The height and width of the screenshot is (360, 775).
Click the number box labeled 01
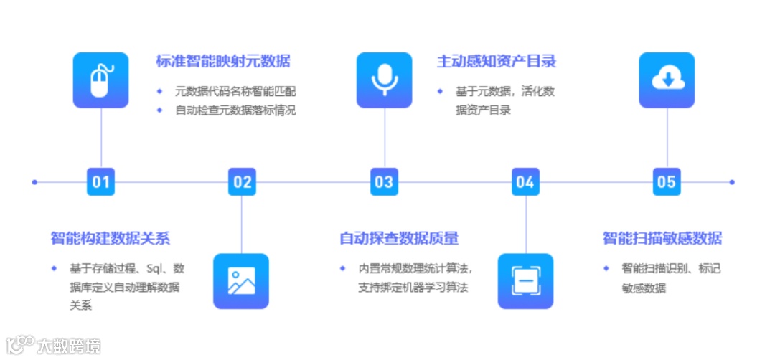click(100, 181)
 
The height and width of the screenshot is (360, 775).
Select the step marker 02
click(242, 181)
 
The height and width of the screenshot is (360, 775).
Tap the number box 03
click(384, 181)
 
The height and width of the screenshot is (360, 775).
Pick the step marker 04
click(525, 181)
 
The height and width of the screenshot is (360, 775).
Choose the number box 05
click(667, 181)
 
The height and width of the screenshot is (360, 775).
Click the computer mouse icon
click(100, 80)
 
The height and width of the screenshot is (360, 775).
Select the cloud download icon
click(667, 80)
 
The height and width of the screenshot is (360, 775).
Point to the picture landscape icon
click(241, 281)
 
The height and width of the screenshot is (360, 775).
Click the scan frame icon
click(525, 281)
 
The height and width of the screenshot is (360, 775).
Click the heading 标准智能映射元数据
click(223, 61)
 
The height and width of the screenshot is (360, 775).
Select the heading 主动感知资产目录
click(497, 61)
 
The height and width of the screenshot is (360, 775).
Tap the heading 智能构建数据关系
click(111, 238)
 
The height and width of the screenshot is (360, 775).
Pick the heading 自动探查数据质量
click(399, 238)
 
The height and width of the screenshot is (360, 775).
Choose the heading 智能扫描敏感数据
click(662, 238)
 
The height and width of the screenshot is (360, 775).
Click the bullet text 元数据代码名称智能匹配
click(235, 92)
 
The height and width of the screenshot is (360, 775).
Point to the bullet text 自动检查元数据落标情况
click(235, 110)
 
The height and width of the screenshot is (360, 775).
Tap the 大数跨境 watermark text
click(68, 346)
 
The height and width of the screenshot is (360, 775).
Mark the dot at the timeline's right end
click(732, 182)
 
